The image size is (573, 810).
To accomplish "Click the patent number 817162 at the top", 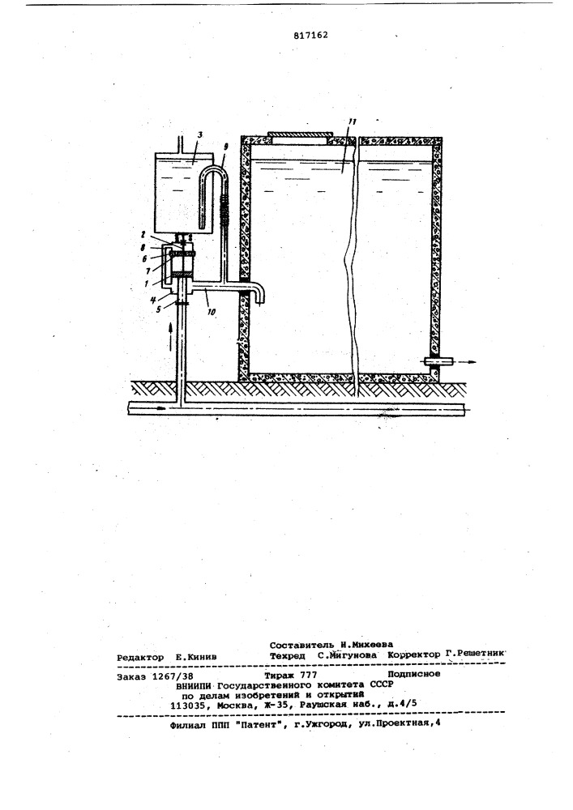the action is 310,35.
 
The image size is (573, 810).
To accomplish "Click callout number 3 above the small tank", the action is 200,134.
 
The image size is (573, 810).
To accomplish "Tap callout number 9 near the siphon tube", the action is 225,146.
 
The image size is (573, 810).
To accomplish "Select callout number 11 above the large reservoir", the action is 352,122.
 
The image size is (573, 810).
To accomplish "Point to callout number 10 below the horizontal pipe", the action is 212,313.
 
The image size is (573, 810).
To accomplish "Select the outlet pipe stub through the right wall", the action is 438,361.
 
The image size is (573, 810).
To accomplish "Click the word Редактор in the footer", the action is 140,657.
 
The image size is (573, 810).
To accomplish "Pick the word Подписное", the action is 414,674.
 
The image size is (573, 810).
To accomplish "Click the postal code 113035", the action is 187,705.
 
